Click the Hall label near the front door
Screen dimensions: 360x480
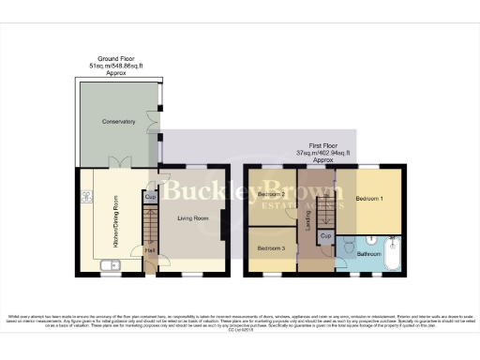(149, 251)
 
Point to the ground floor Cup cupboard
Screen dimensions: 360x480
(150, 198)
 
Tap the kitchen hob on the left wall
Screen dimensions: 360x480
(85, 198)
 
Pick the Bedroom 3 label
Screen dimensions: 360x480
(271, 248)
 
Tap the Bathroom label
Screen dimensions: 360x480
(368, 253)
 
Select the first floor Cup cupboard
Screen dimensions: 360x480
(324, 236)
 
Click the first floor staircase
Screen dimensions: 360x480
(324, 207)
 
